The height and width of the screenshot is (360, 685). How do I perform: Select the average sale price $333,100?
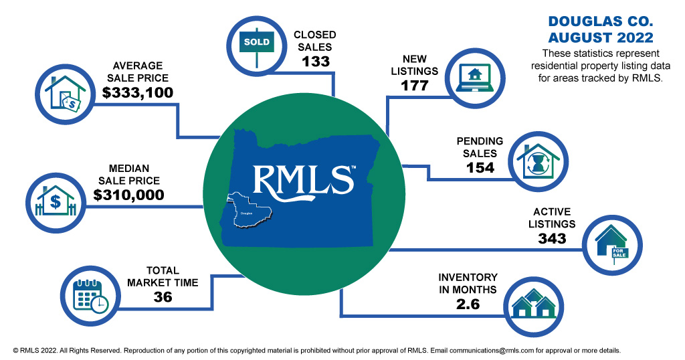point(138,92)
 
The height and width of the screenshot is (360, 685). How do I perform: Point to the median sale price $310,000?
point(128,195)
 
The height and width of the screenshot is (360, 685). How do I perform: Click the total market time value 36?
point(163,297)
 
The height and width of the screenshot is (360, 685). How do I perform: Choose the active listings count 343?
point(552,238)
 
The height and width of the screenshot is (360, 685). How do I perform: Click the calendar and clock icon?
point(90,295)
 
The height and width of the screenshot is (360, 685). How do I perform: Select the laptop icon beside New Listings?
point(474,76)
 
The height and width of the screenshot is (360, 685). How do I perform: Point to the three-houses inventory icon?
point(532,305)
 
